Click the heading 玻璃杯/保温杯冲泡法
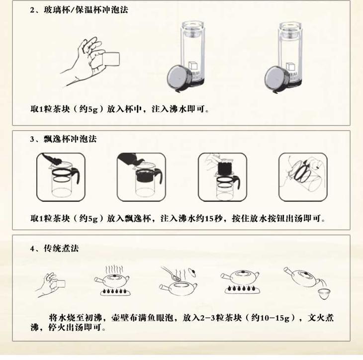[86, 10]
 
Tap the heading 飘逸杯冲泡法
[70, 139]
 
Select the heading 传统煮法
[61, 248]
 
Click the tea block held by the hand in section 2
[111, 59]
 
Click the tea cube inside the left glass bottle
[192, 65]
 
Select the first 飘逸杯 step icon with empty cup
[61, 177]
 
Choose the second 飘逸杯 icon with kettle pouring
[141, 177]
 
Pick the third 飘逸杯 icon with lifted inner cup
[222, 177]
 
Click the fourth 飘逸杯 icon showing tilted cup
[303, 177]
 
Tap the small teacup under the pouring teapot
[324, 294]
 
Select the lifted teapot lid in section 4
[191, 272]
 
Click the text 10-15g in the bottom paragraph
[275, 318]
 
